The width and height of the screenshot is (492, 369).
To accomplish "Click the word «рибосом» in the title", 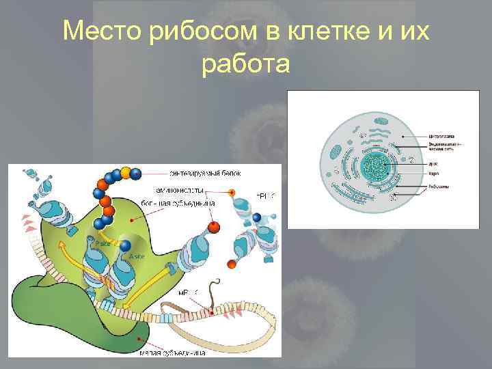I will (188, 31).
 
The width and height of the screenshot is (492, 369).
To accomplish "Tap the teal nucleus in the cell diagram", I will (374, 165).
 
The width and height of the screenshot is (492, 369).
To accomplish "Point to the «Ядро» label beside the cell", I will (433, 174).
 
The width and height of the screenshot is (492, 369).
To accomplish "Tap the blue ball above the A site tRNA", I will (126, 245).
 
